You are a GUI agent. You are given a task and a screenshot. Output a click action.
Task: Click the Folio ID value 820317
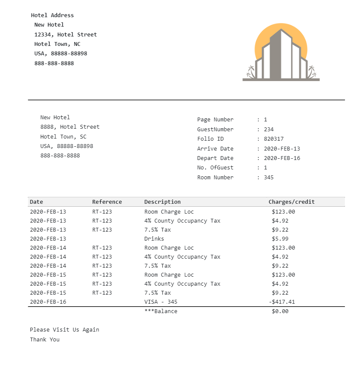click(273, 139)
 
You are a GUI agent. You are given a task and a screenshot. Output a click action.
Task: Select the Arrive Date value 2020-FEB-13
click(282, 148)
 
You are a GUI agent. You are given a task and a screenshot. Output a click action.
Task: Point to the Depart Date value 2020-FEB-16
click(282, 158)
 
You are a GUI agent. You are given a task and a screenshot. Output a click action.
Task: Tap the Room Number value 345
click(269, 178)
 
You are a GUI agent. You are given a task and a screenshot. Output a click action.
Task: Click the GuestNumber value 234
click(269, 130)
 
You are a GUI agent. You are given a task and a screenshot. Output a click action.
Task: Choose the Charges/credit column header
click(291, 202)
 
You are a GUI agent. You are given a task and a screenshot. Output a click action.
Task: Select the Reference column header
click(107, 202)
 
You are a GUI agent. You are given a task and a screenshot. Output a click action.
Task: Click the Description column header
click(162, 202)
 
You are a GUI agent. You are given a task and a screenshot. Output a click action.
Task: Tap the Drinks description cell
click(154, 239)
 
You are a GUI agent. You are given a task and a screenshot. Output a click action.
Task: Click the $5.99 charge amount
click(280, 239)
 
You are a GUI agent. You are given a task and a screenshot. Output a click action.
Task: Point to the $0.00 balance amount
click(280, 311)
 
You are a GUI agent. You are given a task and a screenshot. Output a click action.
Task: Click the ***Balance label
click(161, 311)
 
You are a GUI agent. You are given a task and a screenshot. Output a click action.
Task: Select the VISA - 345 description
click(161, 302)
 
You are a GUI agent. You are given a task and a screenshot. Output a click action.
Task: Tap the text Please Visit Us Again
click(64, 330)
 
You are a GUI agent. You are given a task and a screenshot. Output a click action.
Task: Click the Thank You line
click(45, 340)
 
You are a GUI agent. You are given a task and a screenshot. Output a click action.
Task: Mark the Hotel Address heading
click(52, 15)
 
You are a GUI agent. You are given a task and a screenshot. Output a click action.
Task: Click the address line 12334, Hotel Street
click(66, 35)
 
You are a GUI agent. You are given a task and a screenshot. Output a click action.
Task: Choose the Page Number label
click(215, 120)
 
